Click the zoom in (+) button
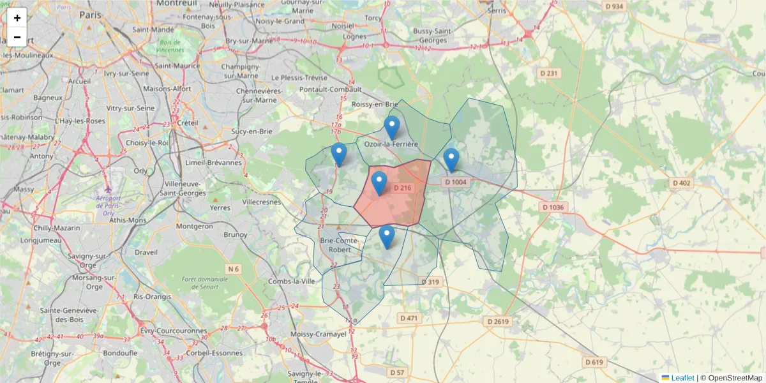pyautogui.click(x=17, y=18)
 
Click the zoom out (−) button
pyautogui.click(x=17, y=37)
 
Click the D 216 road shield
pyautogui.click(x=403, y=188)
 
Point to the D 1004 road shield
pyautogui.click(x=456, y=182)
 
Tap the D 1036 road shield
pyautogui.click(x=553, y=207)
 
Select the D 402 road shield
pyautogui.click(x=681, y=183)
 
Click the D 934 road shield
pyautogui.click(x=613, y=6)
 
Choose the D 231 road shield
pyautogui.click(x=549, y=73)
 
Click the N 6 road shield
pyautogui.click(x=233, y=269)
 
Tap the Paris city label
pyautogui.click(x=91, y=14)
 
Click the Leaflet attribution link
pyautogui.click(x=682, y=378)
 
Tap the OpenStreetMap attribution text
pyautogui.click(x=731, y=378)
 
